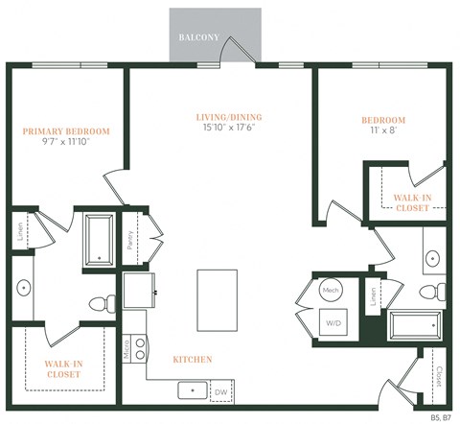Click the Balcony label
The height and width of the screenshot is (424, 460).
click(x=199, y=38)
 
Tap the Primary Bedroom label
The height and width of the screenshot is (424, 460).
click(x=66, y=131)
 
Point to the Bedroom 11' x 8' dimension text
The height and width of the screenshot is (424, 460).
click(x=383, y=131)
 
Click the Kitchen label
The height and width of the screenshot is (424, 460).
click(x=192, y=360)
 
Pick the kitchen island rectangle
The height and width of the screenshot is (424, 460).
click(x=217, y=299)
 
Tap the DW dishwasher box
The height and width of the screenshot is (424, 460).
click(x=220, y=391)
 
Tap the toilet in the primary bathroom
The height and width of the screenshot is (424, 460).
click(x=100, y=304)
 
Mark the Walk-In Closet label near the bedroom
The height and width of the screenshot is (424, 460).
click(x=411, y=201)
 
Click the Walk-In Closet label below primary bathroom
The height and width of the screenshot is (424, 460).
click(x=63, y=367)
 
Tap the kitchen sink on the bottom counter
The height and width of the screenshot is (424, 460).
click(x=191, y=390)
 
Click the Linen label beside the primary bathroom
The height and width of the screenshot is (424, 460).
click(x=19, y=232)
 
